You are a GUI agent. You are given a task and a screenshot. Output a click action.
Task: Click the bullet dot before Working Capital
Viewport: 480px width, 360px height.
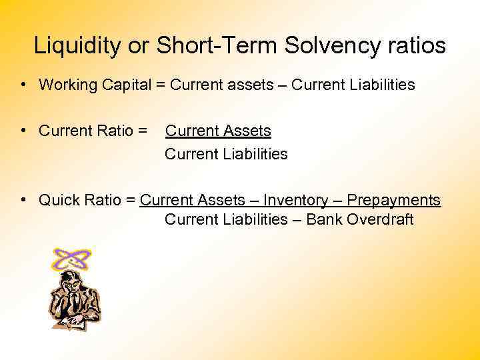pyautogui.click(x=23, y=85)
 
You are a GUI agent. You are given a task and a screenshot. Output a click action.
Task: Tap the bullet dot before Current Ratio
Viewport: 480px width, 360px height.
pyautogui.click(x=23, y=129)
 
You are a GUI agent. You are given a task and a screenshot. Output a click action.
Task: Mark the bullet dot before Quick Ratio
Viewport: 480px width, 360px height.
pyautogui.click(x=23, y=199)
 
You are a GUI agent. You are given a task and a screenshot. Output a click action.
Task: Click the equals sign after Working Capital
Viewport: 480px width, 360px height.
pyautogui.click(x=161, y=85)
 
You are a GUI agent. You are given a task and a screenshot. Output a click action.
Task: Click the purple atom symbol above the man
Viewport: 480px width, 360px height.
pyautogui.click(x=71, y=259)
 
